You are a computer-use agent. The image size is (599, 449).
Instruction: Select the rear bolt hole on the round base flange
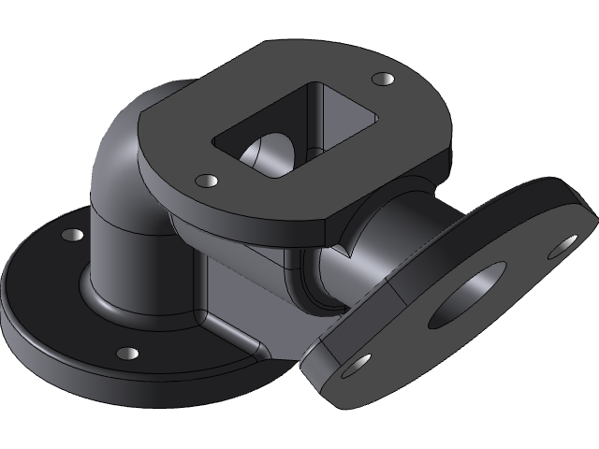point(69,235)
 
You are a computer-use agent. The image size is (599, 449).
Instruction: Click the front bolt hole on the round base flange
point(126,354)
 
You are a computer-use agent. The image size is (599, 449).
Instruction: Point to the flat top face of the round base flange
point(56,290)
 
